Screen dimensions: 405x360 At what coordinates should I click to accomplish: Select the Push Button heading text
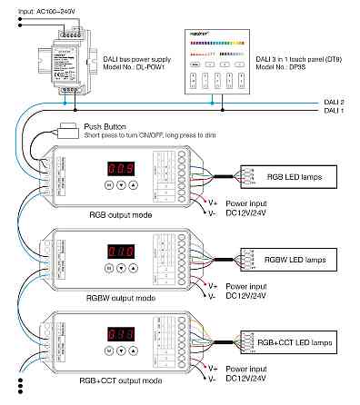[105, 128]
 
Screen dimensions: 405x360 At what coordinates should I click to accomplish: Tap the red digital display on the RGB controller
[121, 168]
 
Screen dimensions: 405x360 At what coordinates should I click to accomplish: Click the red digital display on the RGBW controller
[121, 250]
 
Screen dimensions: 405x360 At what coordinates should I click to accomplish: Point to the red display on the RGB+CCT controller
[121, 333]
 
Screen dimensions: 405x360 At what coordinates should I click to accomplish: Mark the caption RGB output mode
[115, 215]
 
